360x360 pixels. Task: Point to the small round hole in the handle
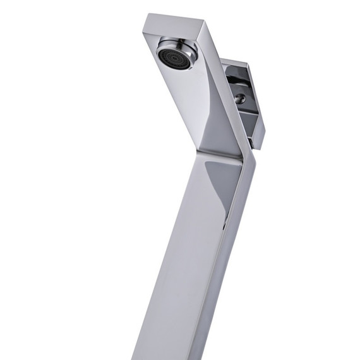click(241, 99)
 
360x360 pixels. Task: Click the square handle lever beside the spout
click(243, 101)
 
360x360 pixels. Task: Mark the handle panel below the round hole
click(246, 123)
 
